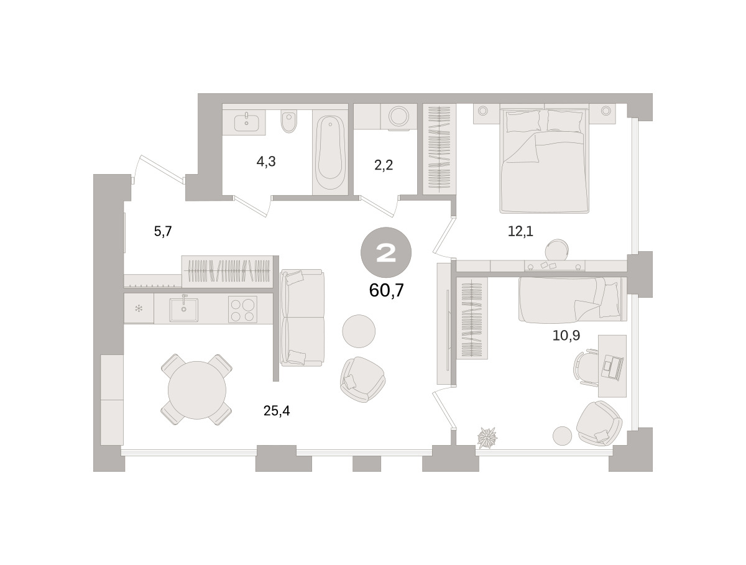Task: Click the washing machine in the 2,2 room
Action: (x=398, y=116)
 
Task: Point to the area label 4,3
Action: (x=266, y=162)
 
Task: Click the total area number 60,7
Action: (x=387, y=290)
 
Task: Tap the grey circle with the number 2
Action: (x=386, y=252)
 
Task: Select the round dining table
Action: (x=197, y=390)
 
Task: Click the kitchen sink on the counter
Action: (x=184, y=310)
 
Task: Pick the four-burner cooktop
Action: (x=242, y=309)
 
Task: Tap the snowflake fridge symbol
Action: (x=139, y=308)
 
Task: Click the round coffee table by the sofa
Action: (x=359, y=331)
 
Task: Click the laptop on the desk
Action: (x=612, y=367)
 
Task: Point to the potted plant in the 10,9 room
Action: (x=487, y=438)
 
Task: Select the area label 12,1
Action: (x=520, y=231)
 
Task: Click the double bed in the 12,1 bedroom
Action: (x=544, y=158)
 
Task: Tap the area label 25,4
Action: (x=277, y=411)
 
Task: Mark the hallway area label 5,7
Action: (x=163, y=231)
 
